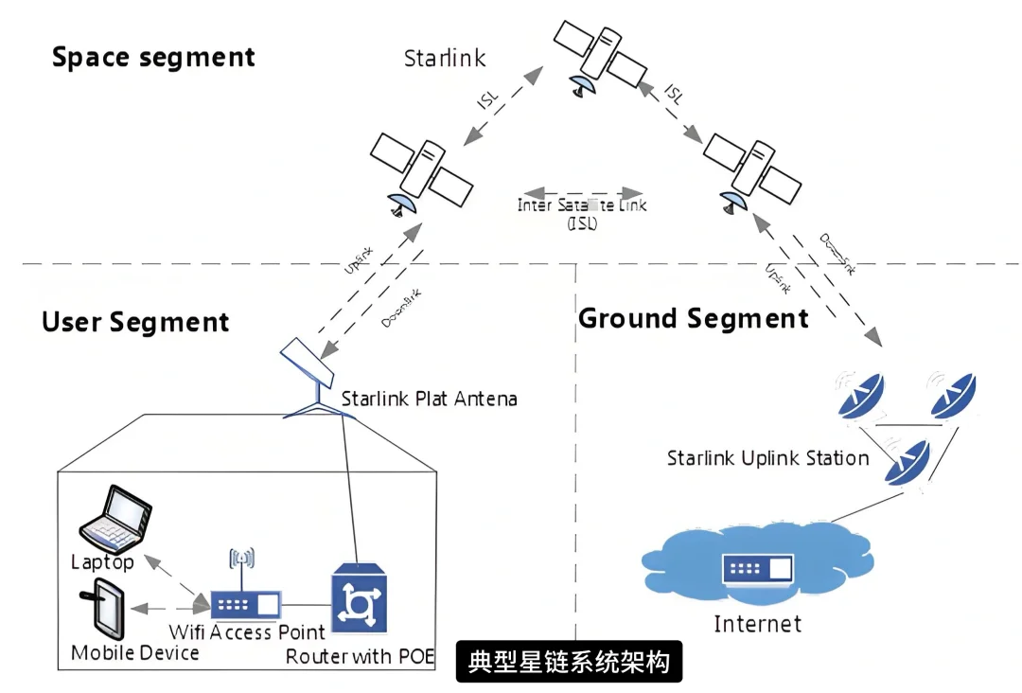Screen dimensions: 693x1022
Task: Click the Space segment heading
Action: coord(153,57)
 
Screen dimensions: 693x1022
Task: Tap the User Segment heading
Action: coord(135,322)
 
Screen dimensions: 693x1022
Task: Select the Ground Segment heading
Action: coord(694,318)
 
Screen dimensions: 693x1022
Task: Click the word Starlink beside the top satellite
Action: coord(445,58)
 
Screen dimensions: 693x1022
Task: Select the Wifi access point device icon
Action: coord(245,602)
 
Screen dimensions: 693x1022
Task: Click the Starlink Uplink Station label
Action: coord(767,459)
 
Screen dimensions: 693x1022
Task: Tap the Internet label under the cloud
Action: coord(757,624)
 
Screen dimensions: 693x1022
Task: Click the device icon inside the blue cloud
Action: coord(757,569)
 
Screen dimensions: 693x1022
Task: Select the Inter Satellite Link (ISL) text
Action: coord(582,214)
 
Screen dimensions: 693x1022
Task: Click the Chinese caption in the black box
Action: coord(569,661)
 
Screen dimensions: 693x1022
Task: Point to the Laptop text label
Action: coord(102,562)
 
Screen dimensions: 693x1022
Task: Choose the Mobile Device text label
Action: coord(135,653)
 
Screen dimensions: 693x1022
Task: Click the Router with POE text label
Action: coord(360,656)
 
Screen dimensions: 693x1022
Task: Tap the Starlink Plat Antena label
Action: coord(429,399)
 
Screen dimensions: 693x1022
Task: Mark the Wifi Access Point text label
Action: coord(247,631)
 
